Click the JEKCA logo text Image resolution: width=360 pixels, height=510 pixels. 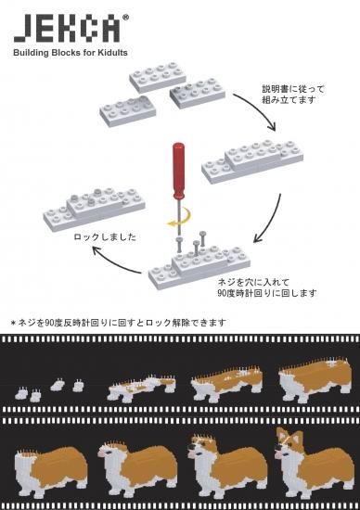[x=67, y=29]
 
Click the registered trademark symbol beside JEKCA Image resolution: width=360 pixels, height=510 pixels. [x=125, y=18]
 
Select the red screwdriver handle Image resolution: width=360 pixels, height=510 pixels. [x=178, y=172]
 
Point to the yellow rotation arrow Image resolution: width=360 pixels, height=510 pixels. [x=180, y=218]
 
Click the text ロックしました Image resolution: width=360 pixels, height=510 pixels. [x=105, y=236]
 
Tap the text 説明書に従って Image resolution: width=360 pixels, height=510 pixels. [x=293, y=89]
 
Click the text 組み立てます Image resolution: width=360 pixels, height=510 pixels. [x=289, y=99]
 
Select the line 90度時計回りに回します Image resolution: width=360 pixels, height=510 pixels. [x=267, y=293]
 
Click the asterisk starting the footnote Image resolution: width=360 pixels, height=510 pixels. [x=13, y=323]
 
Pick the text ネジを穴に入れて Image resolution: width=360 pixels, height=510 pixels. [x=253, y=282]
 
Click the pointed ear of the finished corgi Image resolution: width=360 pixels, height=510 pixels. [x=280, y=434]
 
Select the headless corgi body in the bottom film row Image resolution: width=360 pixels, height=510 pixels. [x=50, y=466]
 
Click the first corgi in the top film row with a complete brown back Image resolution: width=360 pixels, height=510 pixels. [x=315, y=379]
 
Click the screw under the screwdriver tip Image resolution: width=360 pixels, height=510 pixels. [x=179, y=246]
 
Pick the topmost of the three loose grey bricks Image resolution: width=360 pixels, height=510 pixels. [x=158, y=76]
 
